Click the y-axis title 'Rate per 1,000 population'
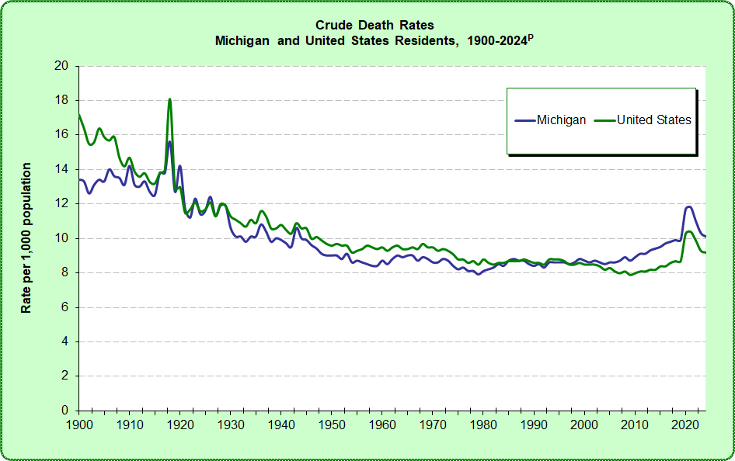pos(26,238)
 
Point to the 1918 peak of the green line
pos(169,99)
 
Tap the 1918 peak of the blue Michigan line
pos(169,141)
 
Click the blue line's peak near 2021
pos(688,206)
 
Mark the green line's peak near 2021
pos(689,231)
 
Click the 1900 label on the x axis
pos(79,425)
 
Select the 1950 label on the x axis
pos(331,425)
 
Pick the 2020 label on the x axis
pos(684,425)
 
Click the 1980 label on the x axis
pos(483,425)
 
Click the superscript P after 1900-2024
pos(531,36)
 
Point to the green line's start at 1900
pos(79,115)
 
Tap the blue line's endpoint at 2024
pos(705,236)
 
